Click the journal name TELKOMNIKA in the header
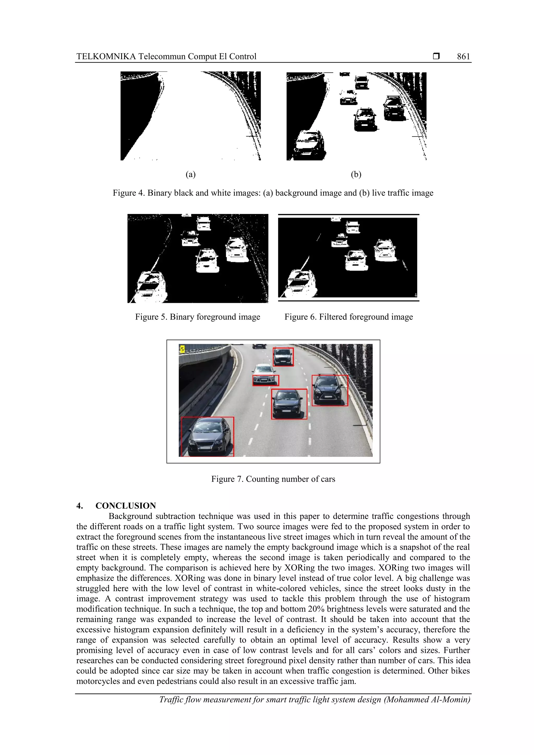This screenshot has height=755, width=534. point(106,57)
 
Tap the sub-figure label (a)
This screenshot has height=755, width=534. point(191,174)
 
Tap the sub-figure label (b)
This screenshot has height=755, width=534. point(356,174)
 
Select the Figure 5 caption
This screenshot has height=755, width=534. point(197,317)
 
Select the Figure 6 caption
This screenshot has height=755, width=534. point(348,317)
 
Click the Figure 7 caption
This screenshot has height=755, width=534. point(273,479)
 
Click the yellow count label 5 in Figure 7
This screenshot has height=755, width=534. point(182,349)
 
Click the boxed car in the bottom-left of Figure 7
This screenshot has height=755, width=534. point(208,437)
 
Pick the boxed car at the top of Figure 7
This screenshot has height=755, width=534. point(283,357)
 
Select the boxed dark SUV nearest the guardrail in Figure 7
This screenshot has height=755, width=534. point(330,390)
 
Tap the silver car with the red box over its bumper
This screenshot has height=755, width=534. point(265,375)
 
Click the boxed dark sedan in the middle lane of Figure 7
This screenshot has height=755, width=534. point(289,404)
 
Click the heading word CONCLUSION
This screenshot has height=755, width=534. point(125,506)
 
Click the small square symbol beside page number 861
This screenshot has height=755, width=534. point(436,56)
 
